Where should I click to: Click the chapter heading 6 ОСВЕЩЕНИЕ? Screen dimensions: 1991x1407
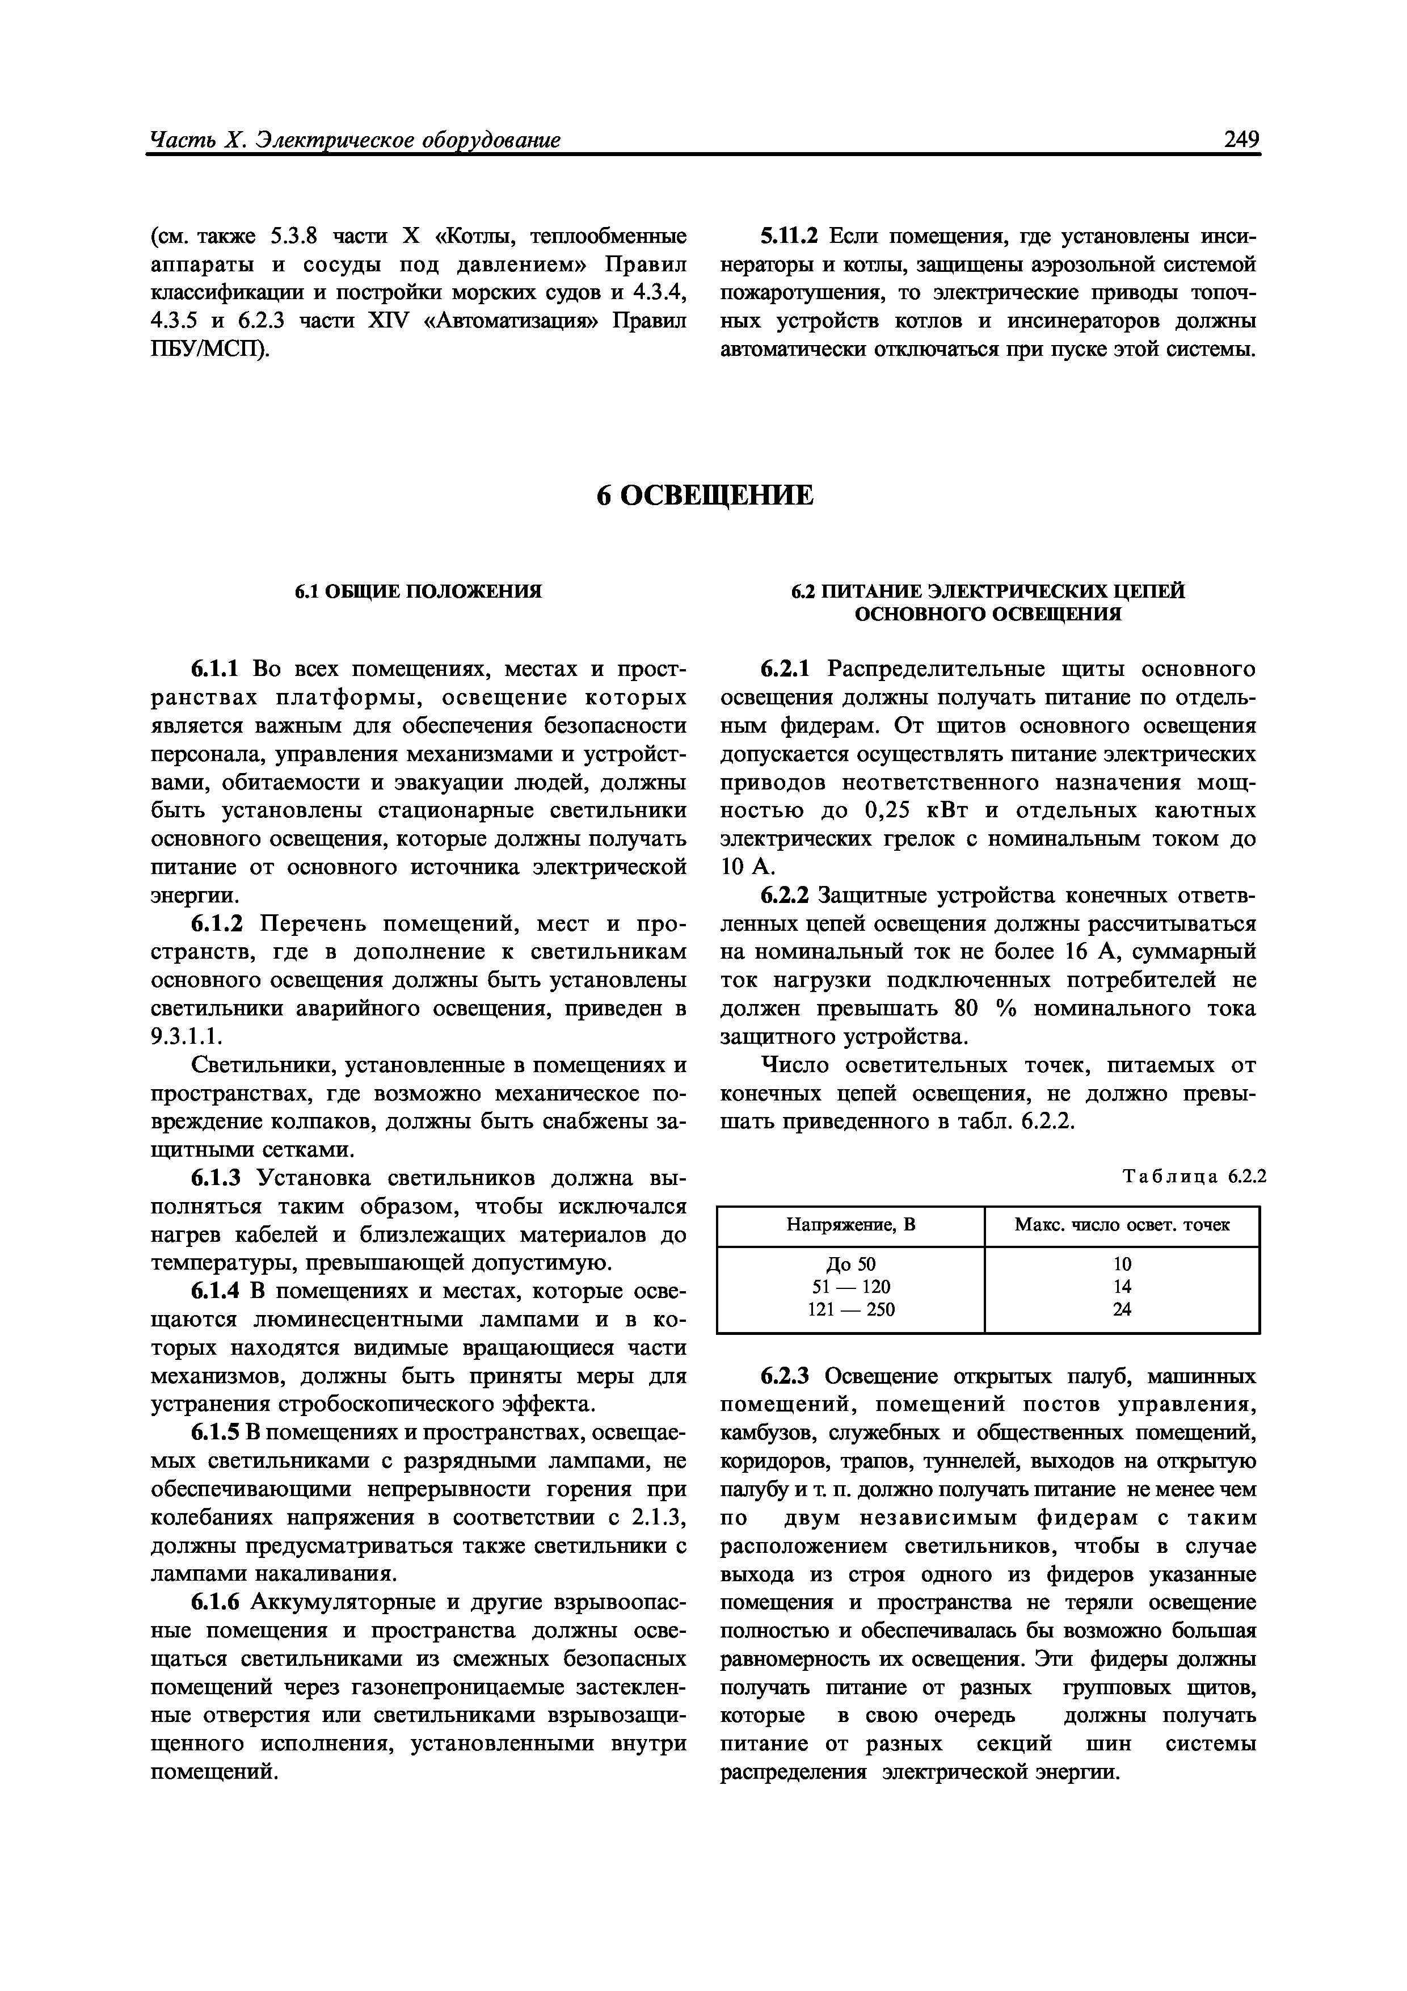pos(705,495)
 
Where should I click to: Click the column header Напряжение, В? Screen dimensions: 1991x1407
pos(850,1225)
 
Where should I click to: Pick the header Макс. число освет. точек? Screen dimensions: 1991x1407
pos(1122,1225)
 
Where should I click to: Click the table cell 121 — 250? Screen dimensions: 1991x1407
pos(850,1309)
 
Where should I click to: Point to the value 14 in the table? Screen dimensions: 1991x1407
pos(1122,1287)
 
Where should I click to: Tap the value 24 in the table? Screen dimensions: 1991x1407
pos(1122,1309)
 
